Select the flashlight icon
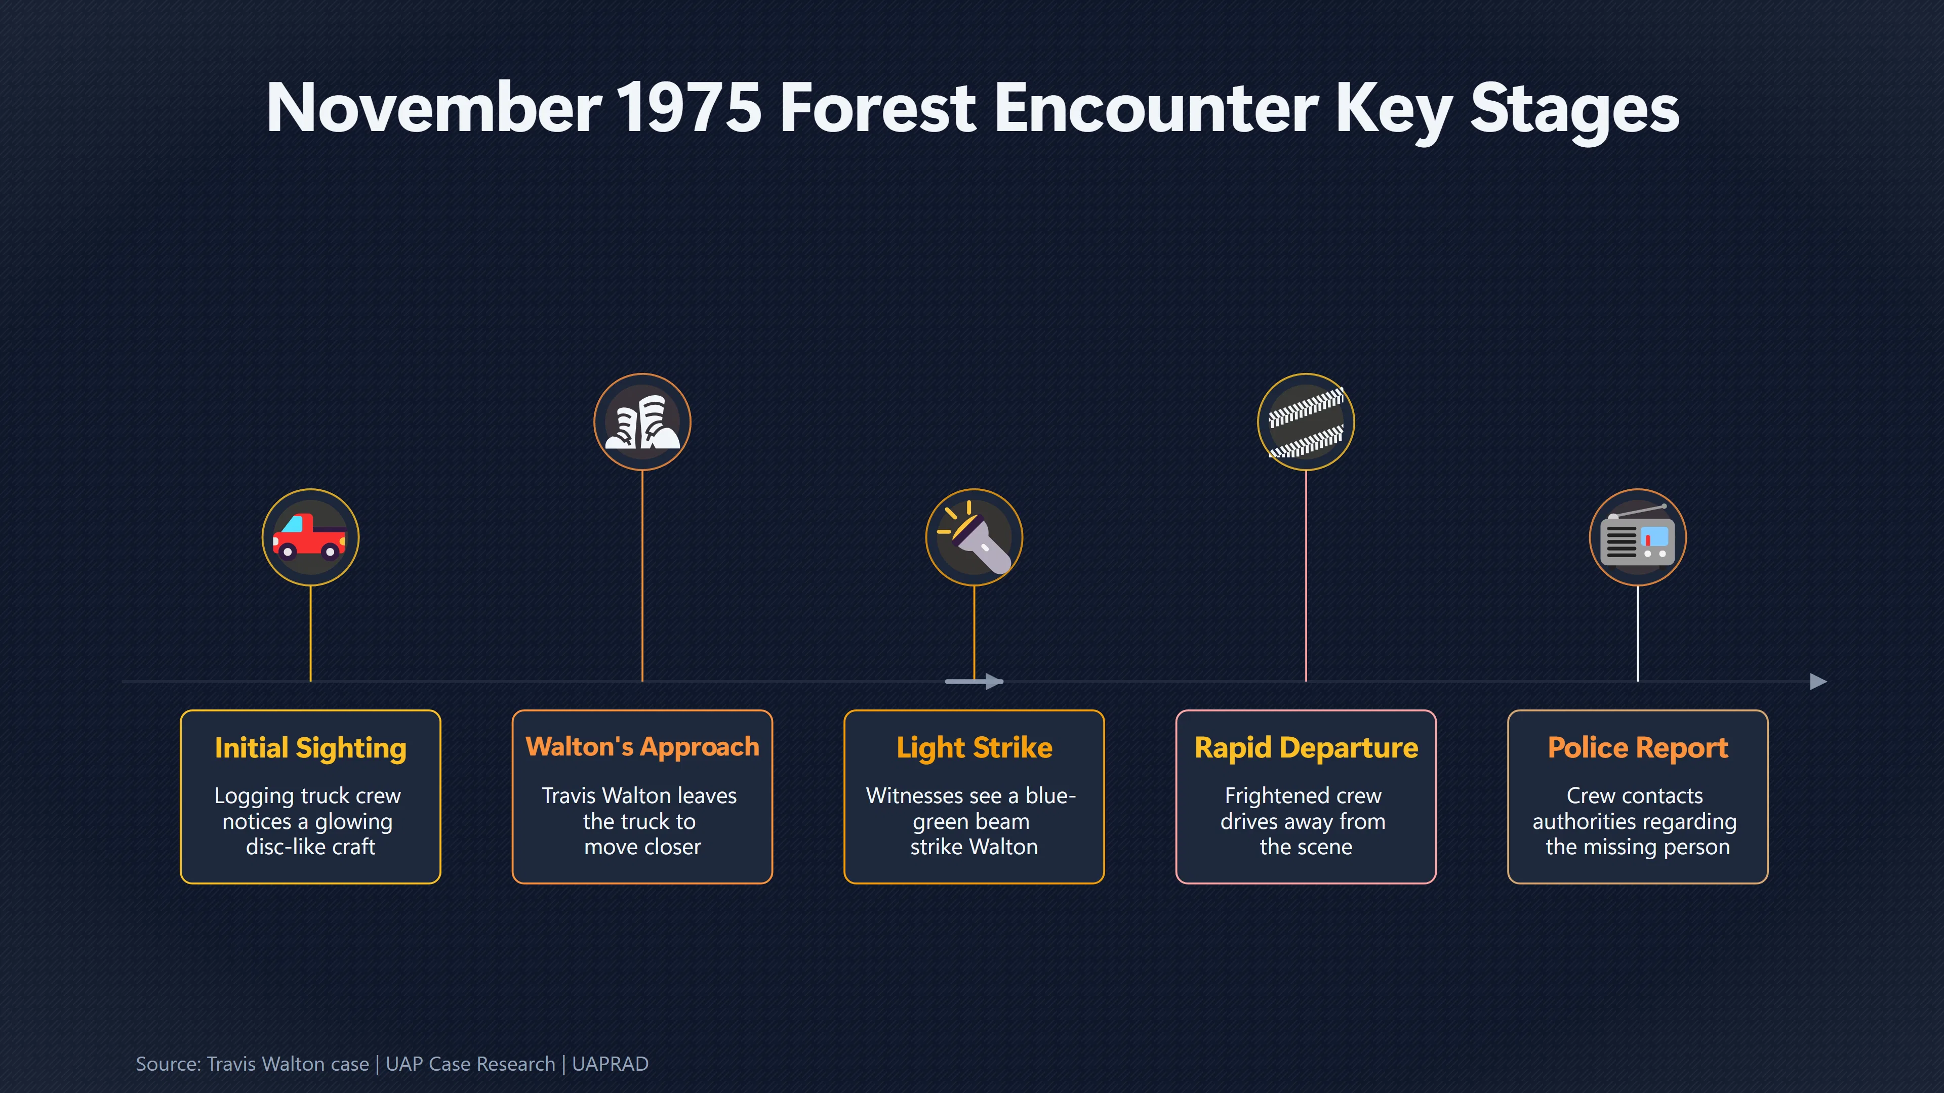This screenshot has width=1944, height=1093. pos(974,537)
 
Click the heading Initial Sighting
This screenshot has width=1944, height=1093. pos(310,748)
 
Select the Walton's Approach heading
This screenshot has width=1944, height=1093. pos(642,747)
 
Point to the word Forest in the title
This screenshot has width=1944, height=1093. pos(878,108)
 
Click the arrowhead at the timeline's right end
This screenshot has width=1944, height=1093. pos(1819,682)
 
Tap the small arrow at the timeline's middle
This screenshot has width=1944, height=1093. pos(974,682)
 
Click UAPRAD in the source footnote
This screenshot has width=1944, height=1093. pos(610,1064)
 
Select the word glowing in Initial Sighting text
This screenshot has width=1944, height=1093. pos(353,821)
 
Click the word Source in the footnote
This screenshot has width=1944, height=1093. pos(168,1064)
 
